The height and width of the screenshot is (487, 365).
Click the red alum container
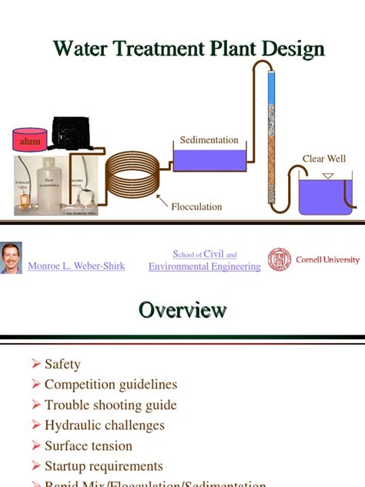point(28,139)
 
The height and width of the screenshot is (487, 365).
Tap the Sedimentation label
point(209,140)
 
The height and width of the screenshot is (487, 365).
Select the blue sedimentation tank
point(209,160)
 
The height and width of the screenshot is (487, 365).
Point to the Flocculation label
point(196,207)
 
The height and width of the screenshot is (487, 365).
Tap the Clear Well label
point(324,159)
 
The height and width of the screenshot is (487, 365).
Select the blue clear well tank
point(326,196)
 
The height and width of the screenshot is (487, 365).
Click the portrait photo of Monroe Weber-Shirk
point(12,257)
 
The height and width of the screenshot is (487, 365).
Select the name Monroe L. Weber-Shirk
point(76,266)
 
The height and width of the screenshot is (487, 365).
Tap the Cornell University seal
point(280,260)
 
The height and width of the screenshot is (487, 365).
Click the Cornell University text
point(327,260)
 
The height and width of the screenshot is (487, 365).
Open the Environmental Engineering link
point(204,267)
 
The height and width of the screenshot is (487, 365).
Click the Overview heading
point(182,311)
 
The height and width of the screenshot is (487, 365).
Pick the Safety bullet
point(62,364)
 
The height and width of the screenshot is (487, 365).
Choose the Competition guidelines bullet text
point(111,385)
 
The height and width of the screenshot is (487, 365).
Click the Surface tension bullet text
point(89,445)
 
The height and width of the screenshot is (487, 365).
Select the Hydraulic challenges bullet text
point(105,425)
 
